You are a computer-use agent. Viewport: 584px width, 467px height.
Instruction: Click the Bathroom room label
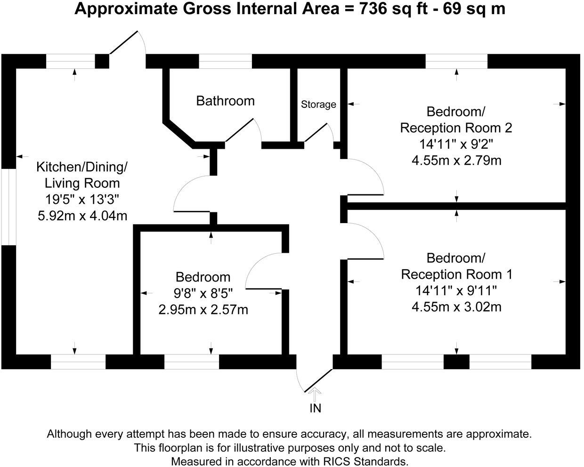coord(225,101)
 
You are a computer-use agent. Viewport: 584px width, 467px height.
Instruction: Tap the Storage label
coord(318,105)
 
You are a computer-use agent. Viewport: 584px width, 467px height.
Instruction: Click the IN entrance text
coord(315,408)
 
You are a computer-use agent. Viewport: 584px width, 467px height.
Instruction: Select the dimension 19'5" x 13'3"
coord(82,199)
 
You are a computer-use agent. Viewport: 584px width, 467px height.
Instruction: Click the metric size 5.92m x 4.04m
coord(82,216)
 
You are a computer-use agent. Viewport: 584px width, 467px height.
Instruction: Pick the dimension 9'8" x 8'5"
coord(203,293)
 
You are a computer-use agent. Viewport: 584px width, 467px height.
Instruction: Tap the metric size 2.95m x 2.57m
coord(203,310)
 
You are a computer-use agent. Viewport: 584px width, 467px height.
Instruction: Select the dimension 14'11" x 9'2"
coord(456,144)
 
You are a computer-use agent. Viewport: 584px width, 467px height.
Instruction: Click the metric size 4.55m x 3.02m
coord(456,307)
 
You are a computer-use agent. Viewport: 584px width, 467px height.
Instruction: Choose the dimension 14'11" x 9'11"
coord(456,290)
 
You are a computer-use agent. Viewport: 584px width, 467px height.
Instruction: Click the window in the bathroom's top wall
coord(225,62)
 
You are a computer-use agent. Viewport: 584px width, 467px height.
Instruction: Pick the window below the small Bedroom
coord(192,362)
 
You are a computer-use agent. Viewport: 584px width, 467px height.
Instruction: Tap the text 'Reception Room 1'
coord(456,274)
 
